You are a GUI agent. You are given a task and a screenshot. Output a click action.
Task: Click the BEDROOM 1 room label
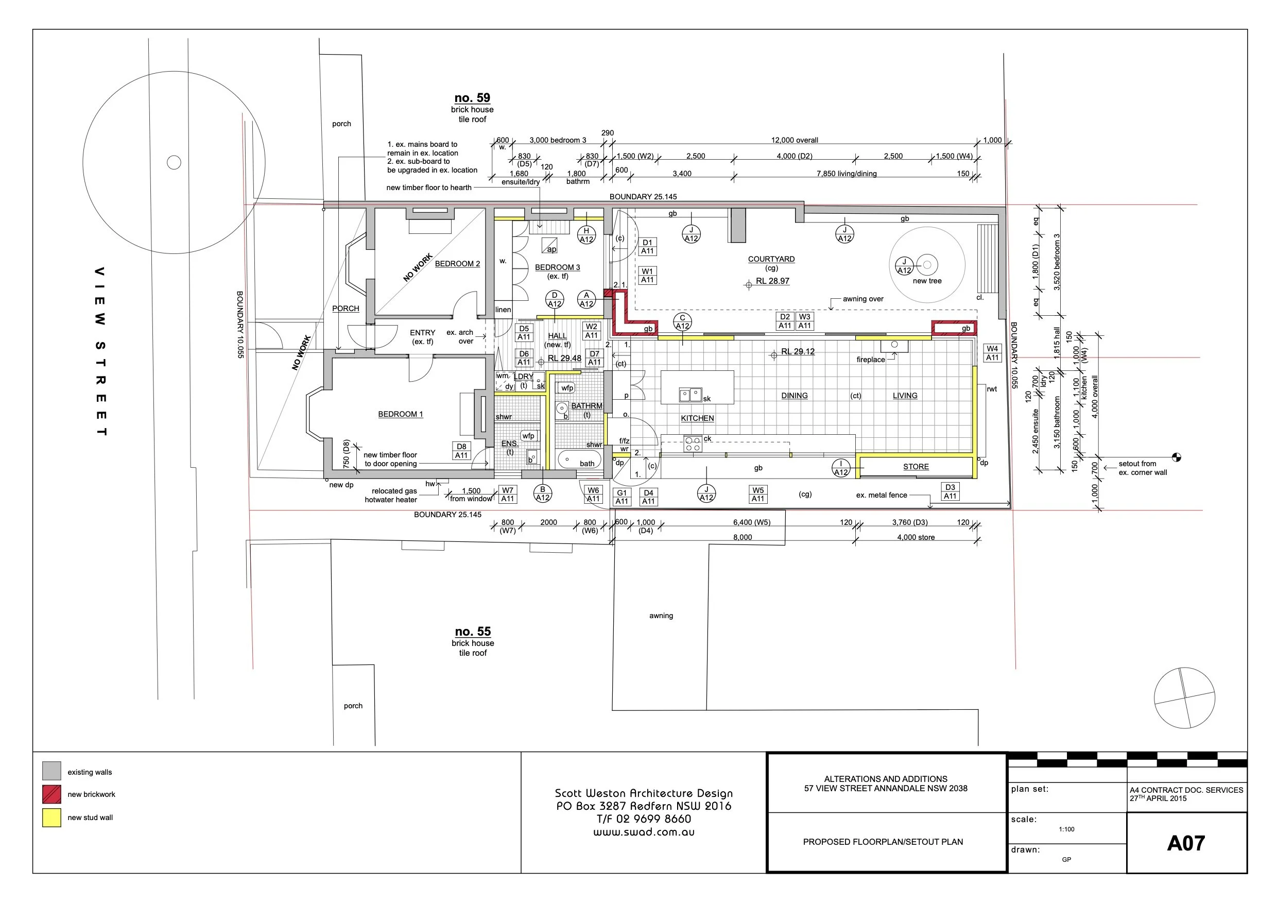[400, 414]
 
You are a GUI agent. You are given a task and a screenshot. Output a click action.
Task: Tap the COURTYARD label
[771, 259]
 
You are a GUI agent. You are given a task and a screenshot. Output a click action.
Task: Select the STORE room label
[916, 467]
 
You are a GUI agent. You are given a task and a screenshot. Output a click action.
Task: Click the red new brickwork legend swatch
[51, 794]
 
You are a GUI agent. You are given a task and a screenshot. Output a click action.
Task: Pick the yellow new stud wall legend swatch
[51, 817]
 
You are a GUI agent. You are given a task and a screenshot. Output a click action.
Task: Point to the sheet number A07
[1185, 843]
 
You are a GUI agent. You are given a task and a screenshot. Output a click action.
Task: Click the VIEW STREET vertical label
[100, 350]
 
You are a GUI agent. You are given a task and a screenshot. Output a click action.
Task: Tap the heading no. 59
[472, 98]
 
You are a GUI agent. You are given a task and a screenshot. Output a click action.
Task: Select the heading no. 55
[472, 632]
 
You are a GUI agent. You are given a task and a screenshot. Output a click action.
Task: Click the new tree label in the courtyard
[927, 281]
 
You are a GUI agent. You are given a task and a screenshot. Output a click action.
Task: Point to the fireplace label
[870, 360]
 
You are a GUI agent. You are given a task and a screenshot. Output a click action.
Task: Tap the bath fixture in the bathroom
[580, 461]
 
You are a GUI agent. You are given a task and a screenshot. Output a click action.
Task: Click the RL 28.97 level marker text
[772, 281]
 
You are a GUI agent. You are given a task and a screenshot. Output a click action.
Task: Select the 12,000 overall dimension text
[794, 140]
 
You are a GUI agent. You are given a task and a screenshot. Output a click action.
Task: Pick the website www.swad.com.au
[644, 832]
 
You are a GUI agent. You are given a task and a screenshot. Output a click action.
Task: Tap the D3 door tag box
[950, 491]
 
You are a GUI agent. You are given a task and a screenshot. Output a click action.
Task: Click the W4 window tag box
[992, 353]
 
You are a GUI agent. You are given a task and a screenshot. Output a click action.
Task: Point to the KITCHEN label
[697, 418]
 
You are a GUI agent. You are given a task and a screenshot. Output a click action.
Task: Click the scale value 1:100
[1066, 829]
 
